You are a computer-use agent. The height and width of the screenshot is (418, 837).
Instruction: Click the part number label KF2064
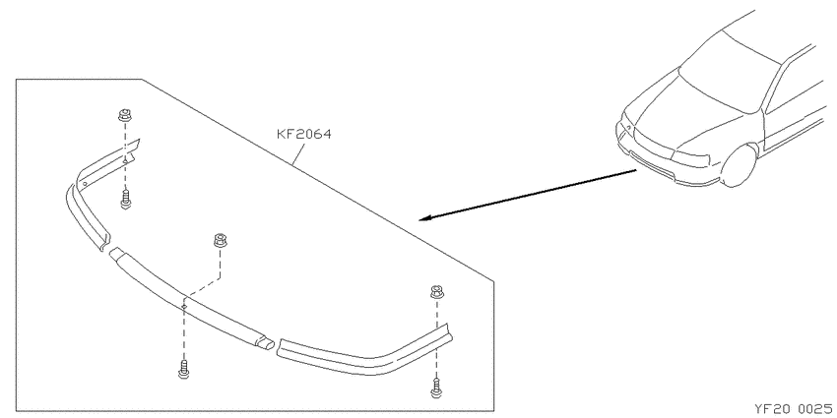[304, 135]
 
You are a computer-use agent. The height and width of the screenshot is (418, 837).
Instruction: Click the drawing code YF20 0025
[793, 409]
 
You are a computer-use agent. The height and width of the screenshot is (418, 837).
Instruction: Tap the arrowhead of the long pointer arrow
[425, 218]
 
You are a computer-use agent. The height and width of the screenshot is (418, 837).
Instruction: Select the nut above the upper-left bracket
[125, 115]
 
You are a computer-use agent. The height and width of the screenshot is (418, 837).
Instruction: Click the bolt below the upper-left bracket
[126, 200]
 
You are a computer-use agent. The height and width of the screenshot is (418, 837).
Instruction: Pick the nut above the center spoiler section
[220, 240]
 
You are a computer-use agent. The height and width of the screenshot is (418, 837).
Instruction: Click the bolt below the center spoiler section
[183, 369]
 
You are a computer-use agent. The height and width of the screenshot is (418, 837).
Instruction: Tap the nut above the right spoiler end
[437, 292]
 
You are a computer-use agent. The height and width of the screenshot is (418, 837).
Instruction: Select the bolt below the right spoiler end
[436, 388]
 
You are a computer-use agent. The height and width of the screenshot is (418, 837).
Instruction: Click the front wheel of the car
[740, 165]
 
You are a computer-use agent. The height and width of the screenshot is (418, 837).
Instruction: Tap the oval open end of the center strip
[265, 344]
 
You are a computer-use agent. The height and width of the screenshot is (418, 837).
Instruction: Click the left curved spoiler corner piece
[86, 217]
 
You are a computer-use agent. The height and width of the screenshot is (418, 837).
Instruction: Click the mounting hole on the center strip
[183, 307]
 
